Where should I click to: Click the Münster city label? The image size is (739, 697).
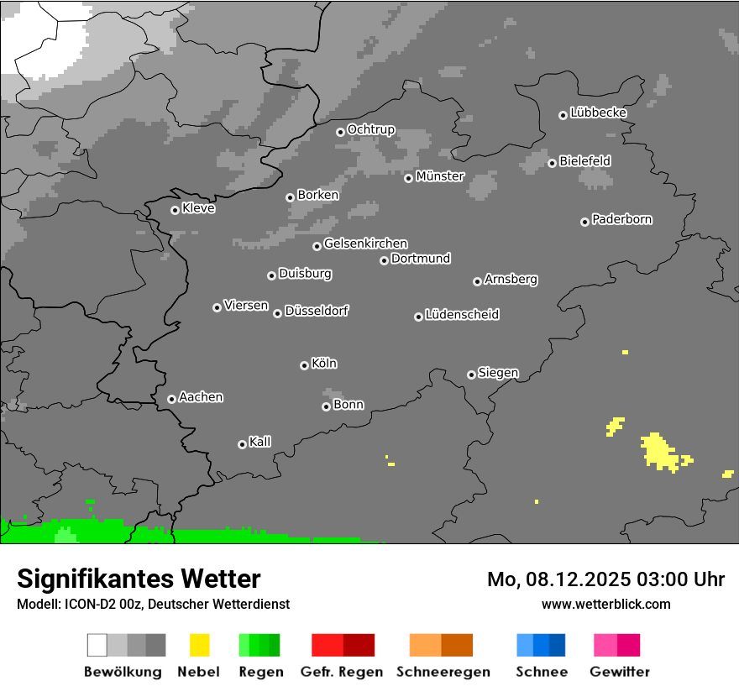(440, 176)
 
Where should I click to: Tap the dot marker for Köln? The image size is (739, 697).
(304, 365)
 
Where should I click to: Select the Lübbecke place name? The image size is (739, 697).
(598, 113)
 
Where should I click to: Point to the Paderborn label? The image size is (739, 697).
(621, 219)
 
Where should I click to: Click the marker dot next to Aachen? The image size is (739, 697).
(171, 399)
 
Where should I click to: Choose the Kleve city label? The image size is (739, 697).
(198, 208)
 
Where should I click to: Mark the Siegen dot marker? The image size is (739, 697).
(471, 375)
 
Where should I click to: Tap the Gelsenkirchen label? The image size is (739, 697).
(365, 244)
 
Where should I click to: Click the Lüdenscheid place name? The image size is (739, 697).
(462, 315)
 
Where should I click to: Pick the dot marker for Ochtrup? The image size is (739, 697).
(340, 131)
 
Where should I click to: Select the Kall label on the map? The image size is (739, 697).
(260, 442)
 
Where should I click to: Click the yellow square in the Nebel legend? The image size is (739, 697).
(199, 645)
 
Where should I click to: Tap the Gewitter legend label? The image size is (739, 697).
(619, 672)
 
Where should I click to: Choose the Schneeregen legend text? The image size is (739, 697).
(443, 672)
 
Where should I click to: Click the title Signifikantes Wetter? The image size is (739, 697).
(139, 579)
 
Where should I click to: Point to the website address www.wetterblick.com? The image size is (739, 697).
(605, 604)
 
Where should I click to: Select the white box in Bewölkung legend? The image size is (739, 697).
(97, 645)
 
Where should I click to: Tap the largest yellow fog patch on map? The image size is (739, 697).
(659, 451)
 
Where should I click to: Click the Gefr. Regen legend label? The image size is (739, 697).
(342, 672)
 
